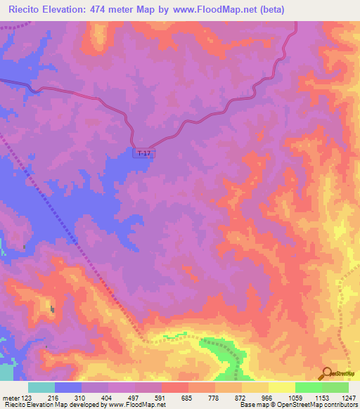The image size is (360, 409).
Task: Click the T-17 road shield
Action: [x=143, y=153]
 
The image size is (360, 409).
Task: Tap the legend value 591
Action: [x=160, y=397]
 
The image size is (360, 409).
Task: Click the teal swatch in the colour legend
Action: [x=41, y=387]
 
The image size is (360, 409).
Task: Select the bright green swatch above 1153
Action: [x=308, y=387]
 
